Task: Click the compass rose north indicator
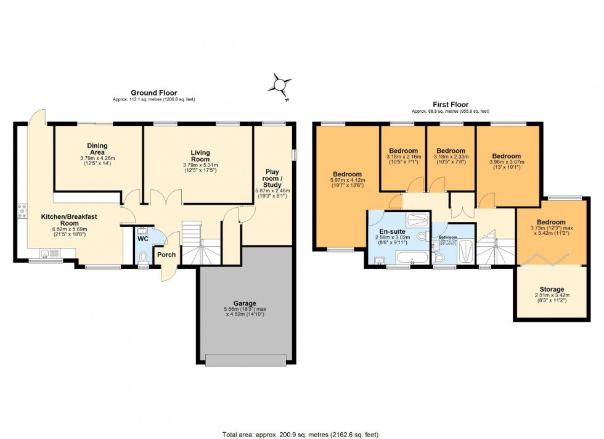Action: tap(281, 84)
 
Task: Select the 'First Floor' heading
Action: tap(450, 105)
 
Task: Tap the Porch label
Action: tap(166, 255)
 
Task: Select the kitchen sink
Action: tap(45, 252)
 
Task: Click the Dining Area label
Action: tap(97, 150)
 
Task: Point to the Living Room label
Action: tap(200, 157)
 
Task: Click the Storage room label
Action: tap(552, 289)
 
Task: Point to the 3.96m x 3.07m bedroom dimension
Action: tap(506, 166)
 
